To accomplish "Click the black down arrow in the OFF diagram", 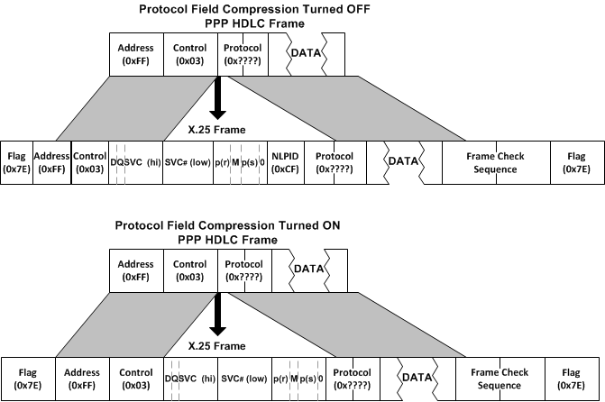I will (216, 102).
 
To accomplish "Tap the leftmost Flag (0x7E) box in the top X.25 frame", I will (16, 163).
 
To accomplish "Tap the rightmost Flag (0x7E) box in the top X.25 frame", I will (575, 163).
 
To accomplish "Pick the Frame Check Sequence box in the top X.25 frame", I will (494, 163).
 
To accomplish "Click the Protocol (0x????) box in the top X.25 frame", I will (334, 163).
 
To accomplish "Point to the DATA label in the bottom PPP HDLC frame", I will (309, 270).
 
